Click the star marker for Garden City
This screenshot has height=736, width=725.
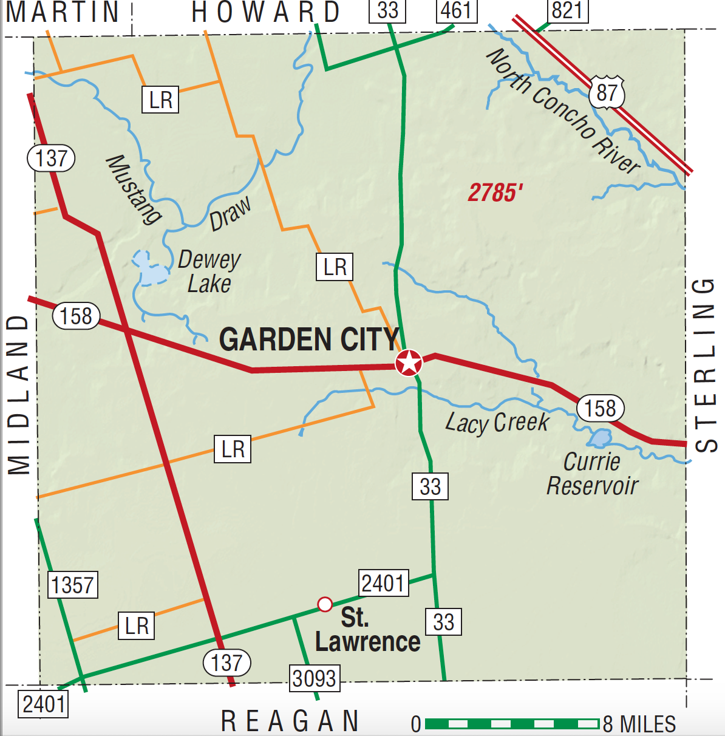409,363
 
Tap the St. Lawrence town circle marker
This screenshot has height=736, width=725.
325,604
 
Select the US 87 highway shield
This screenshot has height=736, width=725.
607,93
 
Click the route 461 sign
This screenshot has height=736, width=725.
456,10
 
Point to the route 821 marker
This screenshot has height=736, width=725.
568,10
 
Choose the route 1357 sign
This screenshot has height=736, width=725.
72,585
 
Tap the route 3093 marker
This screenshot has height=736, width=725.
314,678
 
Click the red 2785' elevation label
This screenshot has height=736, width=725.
495,193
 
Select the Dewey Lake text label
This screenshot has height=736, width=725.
209,271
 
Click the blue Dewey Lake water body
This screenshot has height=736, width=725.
149,270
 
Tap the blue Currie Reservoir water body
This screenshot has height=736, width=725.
600,438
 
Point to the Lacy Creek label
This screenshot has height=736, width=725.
497,422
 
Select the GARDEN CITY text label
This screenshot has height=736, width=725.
309,339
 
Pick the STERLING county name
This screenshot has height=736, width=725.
705,365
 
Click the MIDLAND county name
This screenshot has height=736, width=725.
19,394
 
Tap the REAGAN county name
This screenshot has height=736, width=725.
290,721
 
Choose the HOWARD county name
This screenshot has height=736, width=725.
265,13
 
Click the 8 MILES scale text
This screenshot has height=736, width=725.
639,724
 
